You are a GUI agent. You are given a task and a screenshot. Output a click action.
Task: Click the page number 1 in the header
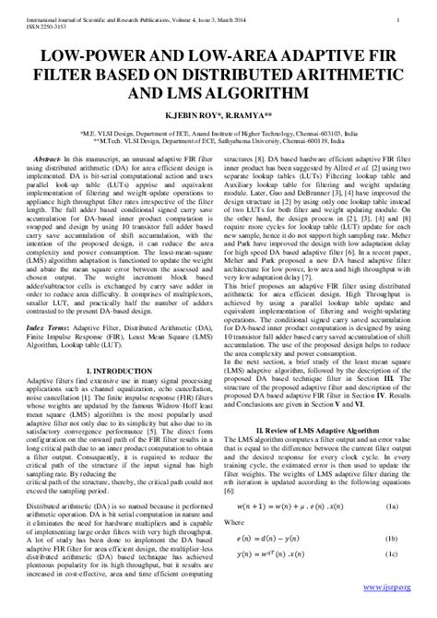(x=396, y=17)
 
